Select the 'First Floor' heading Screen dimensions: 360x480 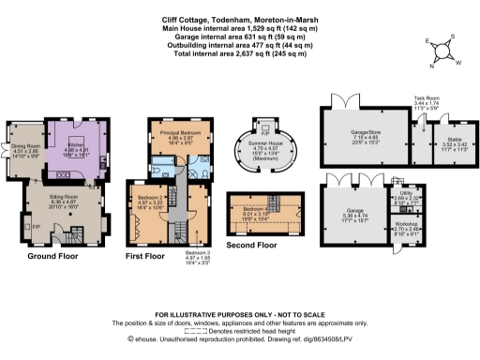[148, 254]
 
